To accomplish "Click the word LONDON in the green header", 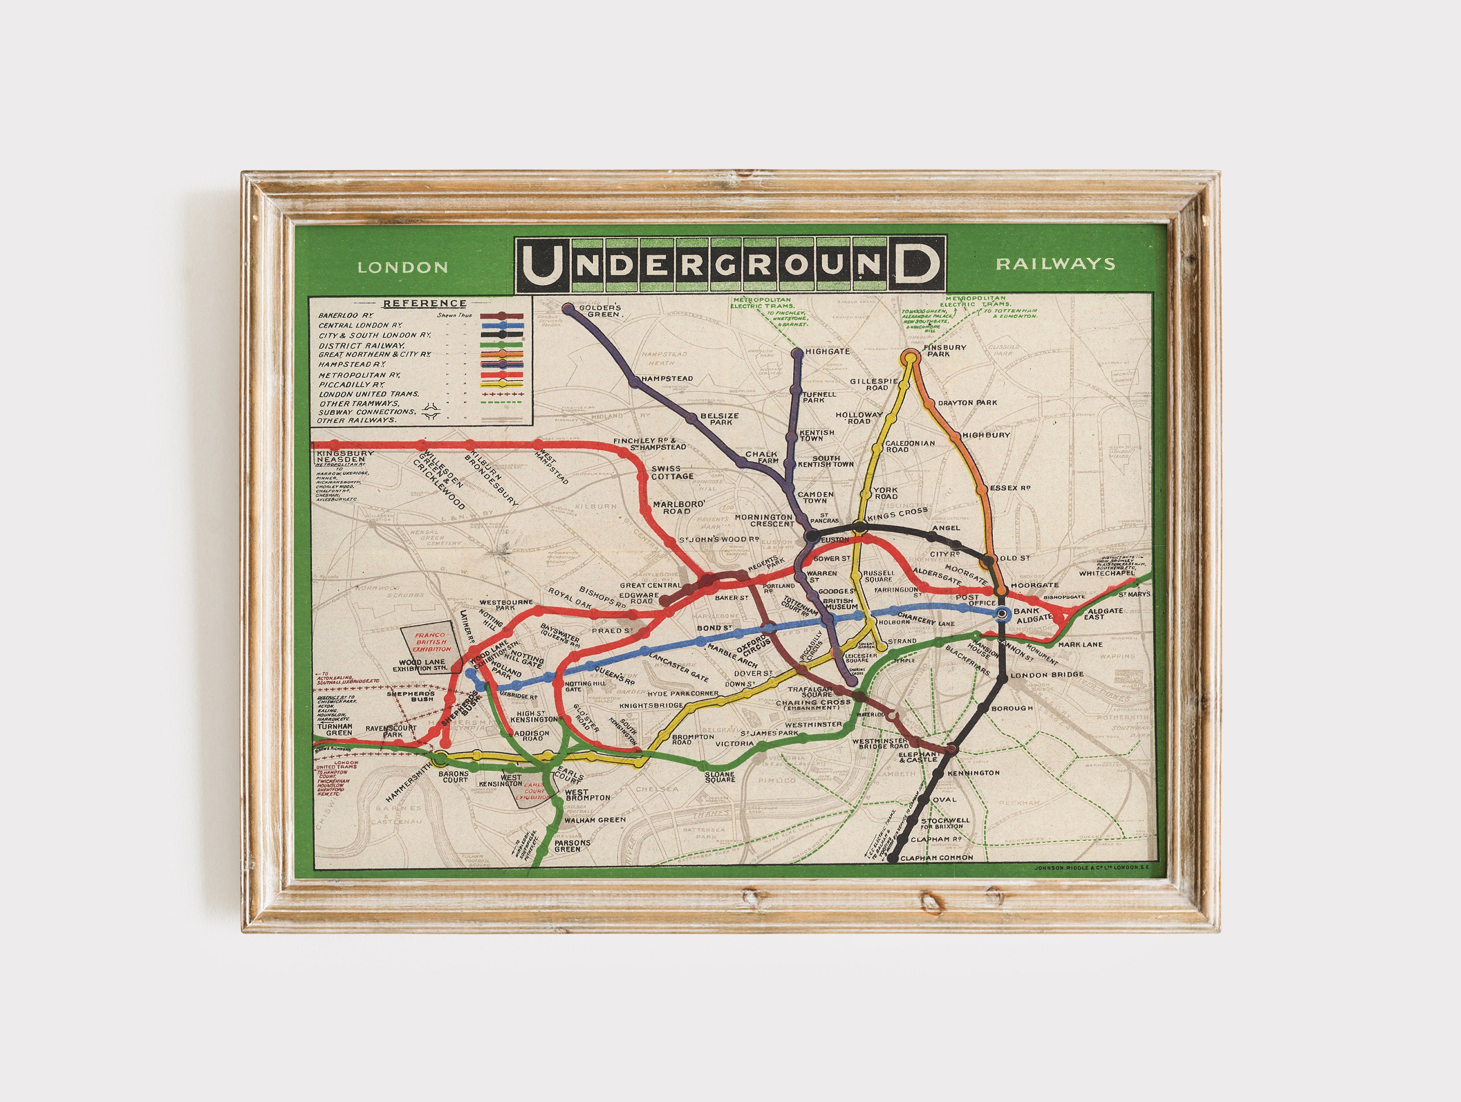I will click(x=402, y=267).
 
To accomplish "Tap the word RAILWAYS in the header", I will click(x=1055, y=264).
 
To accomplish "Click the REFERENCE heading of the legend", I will click(x=425, y=304).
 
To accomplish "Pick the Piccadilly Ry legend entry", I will click(x=352, y=384).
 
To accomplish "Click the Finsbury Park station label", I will click(x=945, y=350).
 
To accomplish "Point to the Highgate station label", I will click(x=827, y=352).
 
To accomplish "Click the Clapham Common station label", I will click(x=937, y=858).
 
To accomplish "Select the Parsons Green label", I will click(x=572, y=846).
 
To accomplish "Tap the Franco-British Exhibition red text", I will click(x=432, y=642).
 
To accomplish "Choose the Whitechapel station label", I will click(x=1107, y=573).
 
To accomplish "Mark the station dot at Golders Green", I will click(x=568, y=308).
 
